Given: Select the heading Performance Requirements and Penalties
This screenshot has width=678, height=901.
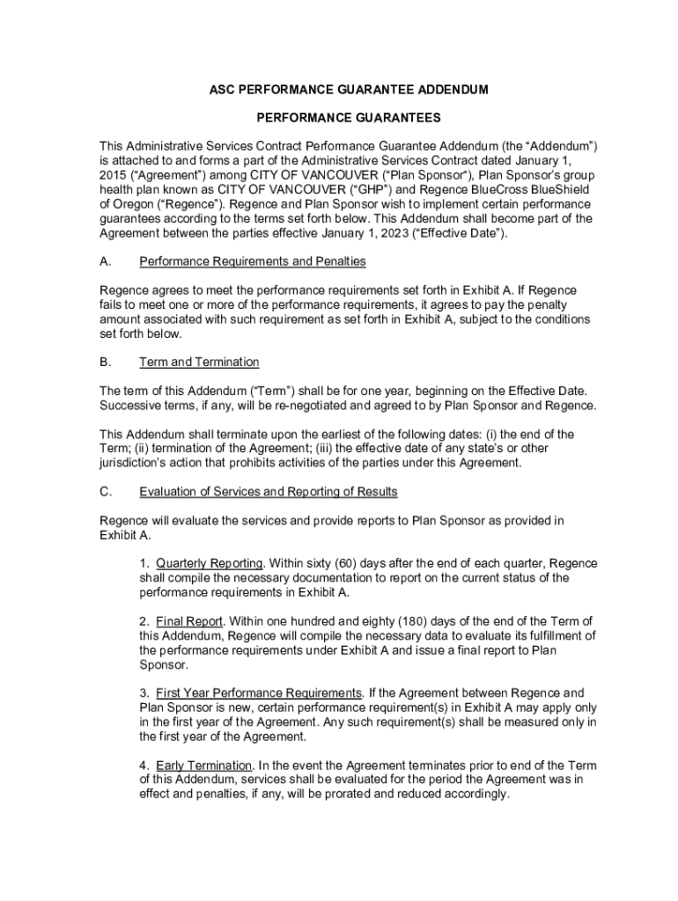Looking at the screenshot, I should point(252,262).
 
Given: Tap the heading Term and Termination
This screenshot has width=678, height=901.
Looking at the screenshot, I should point(199,363).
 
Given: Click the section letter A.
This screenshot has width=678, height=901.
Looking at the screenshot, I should point(105,262).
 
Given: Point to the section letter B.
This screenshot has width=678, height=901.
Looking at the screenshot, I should point(105,363).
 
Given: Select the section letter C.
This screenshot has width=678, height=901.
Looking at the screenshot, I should point(105,492).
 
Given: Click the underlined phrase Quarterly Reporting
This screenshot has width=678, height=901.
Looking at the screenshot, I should point(210,564).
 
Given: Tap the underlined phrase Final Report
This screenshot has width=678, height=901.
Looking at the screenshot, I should point(189,622).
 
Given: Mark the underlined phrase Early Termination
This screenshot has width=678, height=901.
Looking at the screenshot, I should point(203,766).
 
